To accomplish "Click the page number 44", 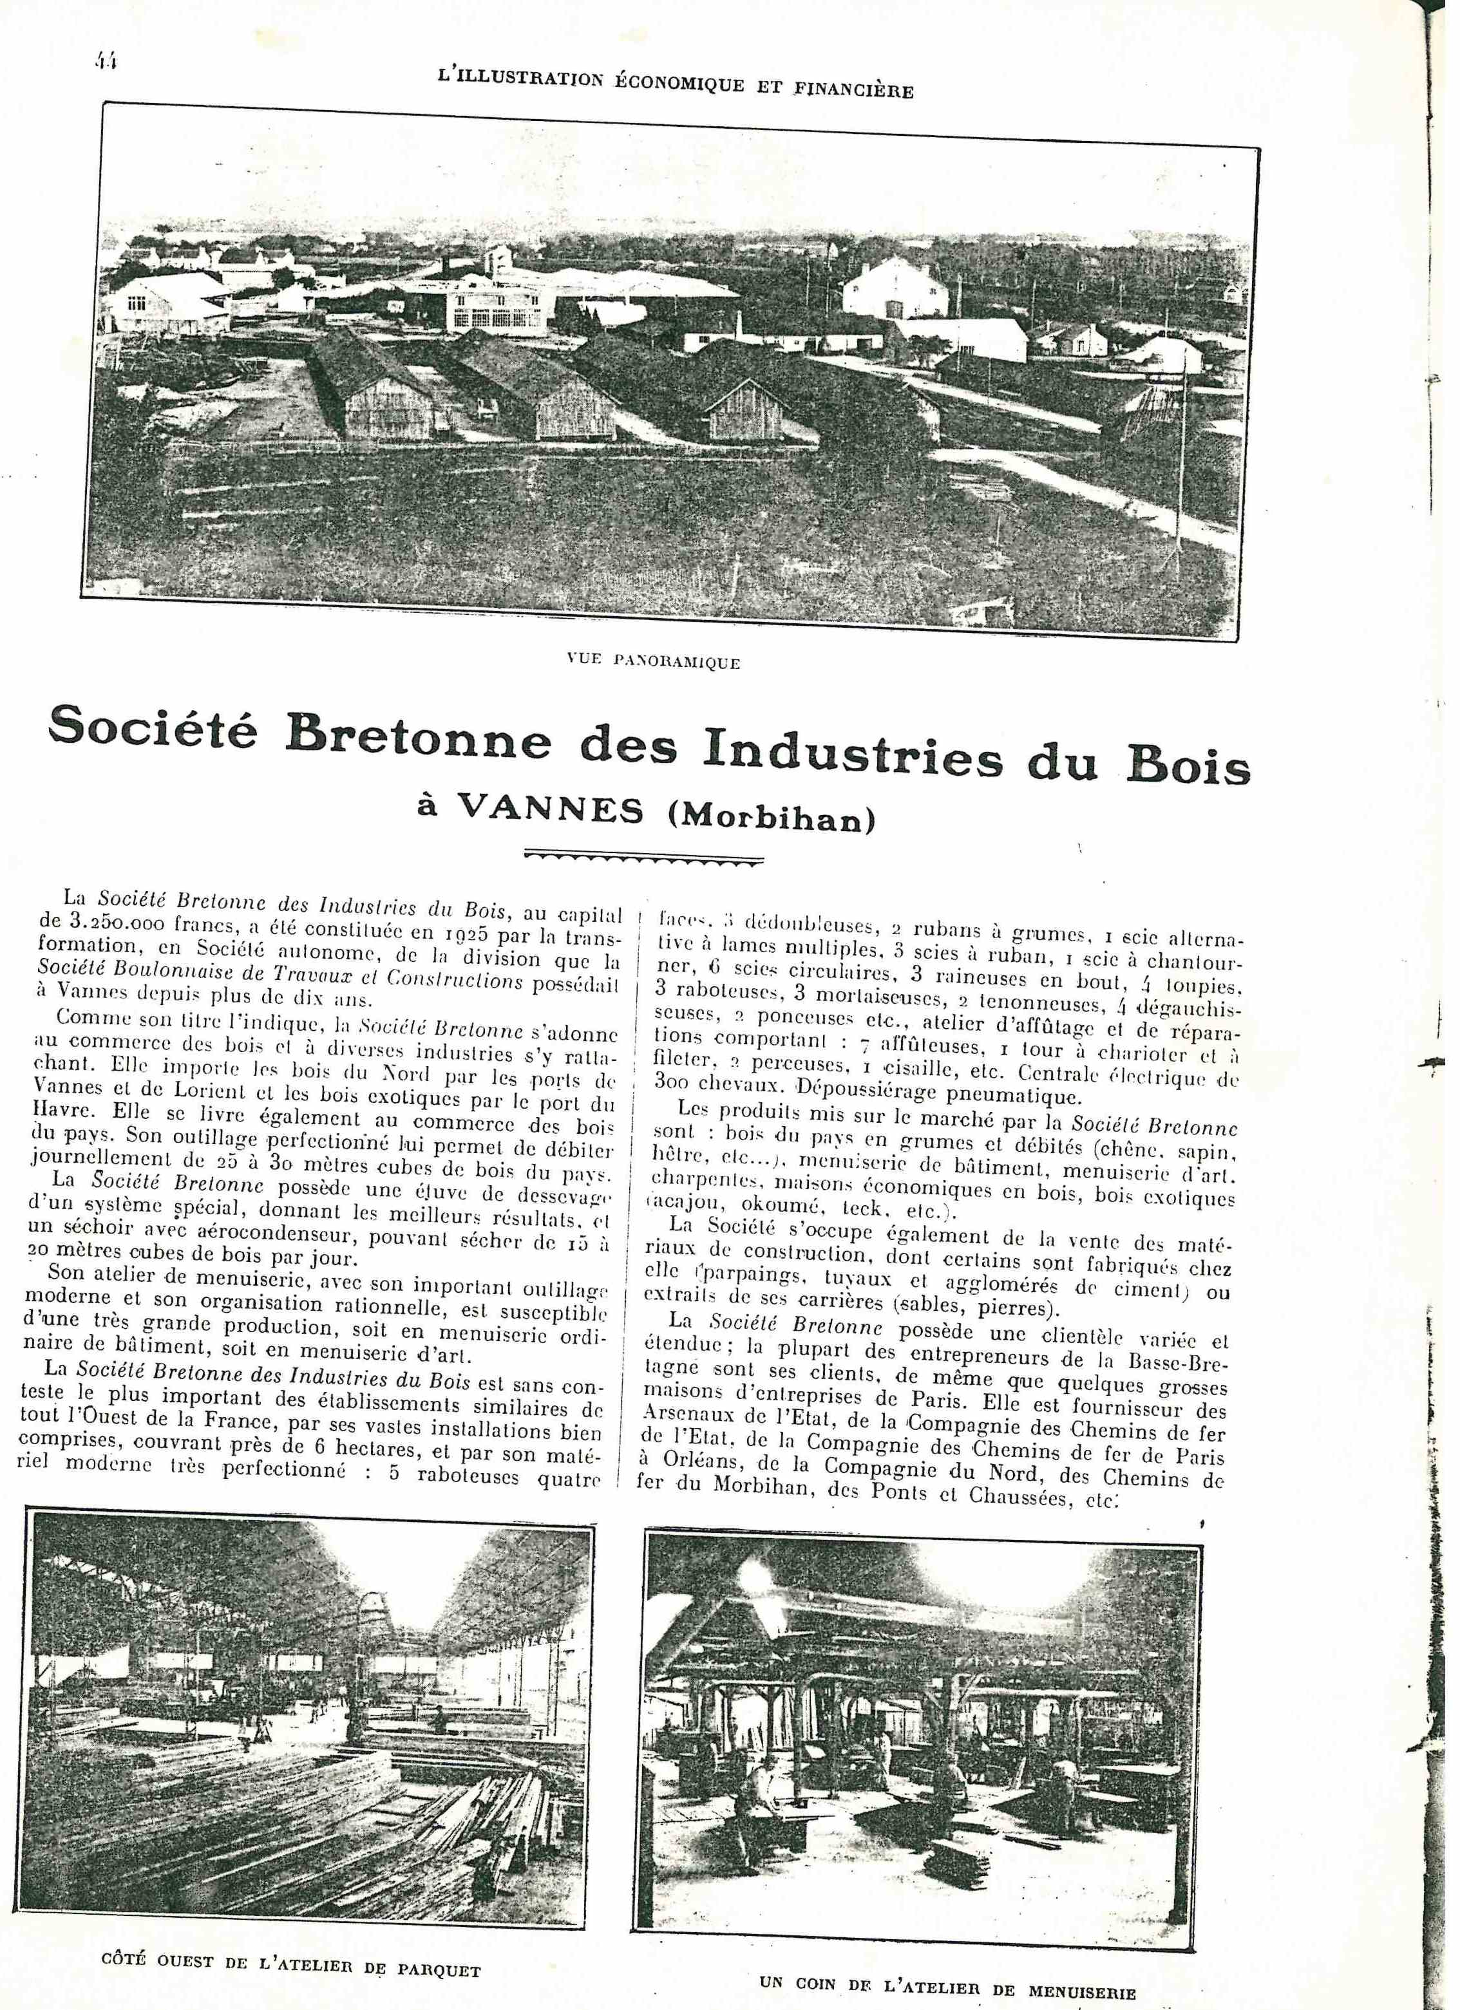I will point(108,61).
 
